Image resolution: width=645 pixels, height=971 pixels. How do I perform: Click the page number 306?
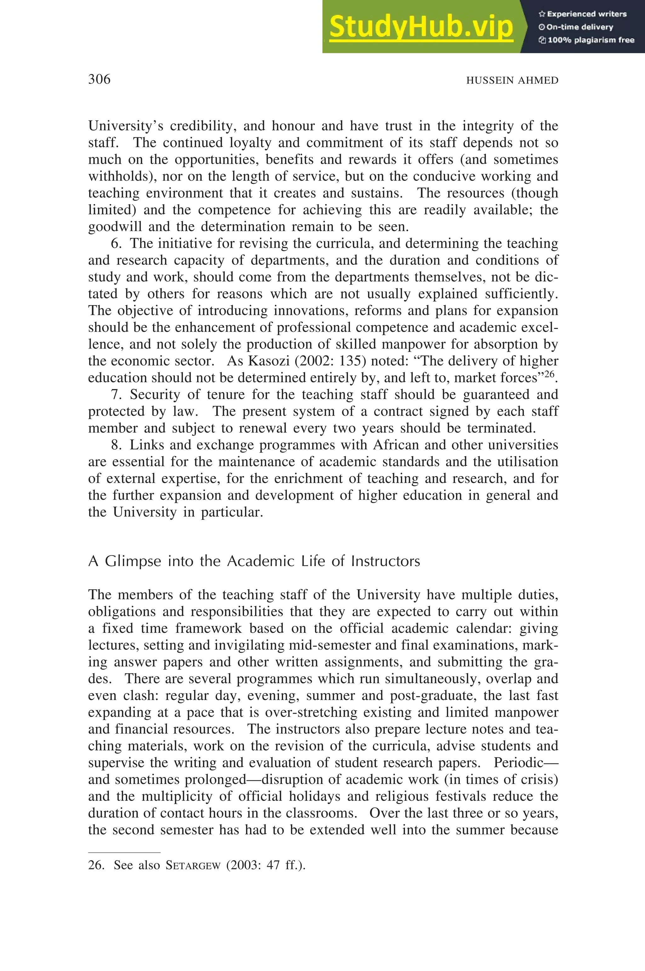click(99, 79)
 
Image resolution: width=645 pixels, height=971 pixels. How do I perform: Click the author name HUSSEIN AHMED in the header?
click(512, 81)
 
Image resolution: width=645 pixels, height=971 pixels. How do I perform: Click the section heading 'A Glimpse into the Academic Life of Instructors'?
click(254, 561)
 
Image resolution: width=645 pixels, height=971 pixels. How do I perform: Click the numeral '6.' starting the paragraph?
click(116, 243)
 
